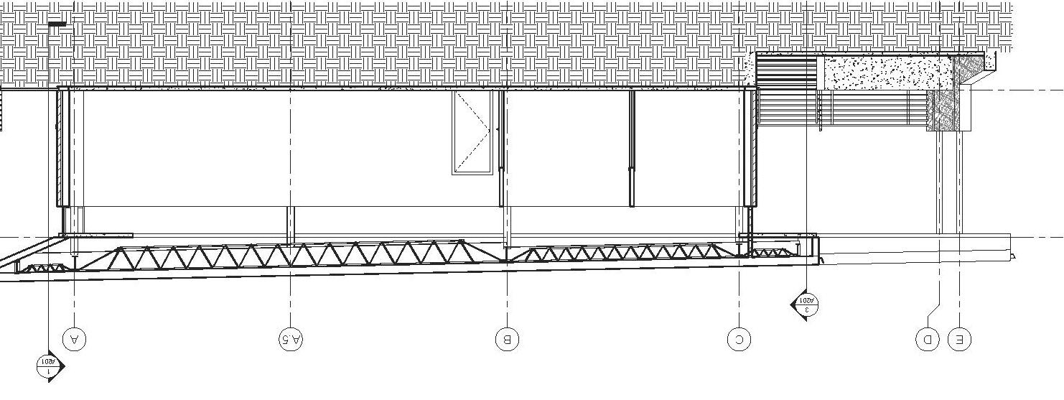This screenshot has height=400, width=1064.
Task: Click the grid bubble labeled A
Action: (x=75, y=339)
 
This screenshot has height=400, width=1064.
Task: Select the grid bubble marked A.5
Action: (x=291, y=339)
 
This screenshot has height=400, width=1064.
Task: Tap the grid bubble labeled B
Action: (x=507, y=339)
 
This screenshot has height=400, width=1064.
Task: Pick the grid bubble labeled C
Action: (x=739, y=339)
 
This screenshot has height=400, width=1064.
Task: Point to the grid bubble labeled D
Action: (x=928, y=339)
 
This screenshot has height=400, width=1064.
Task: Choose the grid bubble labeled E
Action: (x=959, y=339)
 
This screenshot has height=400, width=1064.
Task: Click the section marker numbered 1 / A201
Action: (x=47, y=365)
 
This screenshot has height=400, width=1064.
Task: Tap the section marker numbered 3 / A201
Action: (x=806, y=304)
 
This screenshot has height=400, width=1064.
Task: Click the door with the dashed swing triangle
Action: (x=472, y=132)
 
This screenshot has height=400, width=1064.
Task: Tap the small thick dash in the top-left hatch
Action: (x=57, y=24)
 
